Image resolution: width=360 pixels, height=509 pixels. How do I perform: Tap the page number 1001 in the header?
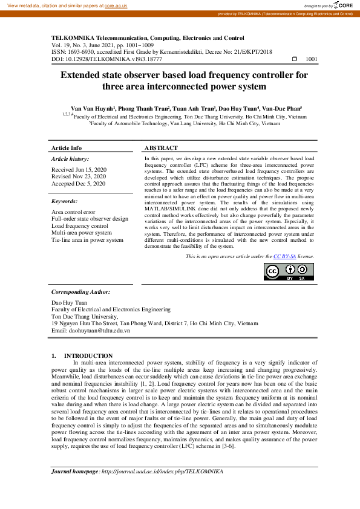click(x=312, y=59)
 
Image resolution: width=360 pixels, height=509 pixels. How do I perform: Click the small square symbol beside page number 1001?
click(x=295, y=59)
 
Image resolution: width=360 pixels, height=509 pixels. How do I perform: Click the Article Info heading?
click(x=67, y=148)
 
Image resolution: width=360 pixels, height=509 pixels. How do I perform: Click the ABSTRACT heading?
click(x=161, y=148)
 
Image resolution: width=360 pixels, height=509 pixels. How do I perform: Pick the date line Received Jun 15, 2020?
click(x=79, y=170)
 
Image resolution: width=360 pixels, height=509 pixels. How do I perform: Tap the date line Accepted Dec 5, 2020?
click(x=78, y=183)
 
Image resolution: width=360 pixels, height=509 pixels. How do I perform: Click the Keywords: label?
click(x=65, y=201)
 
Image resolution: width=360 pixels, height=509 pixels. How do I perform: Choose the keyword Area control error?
click(x=73, y=212)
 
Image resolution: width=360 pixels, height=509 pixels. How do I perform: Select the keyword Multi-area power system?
click(x=82, y=233)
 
